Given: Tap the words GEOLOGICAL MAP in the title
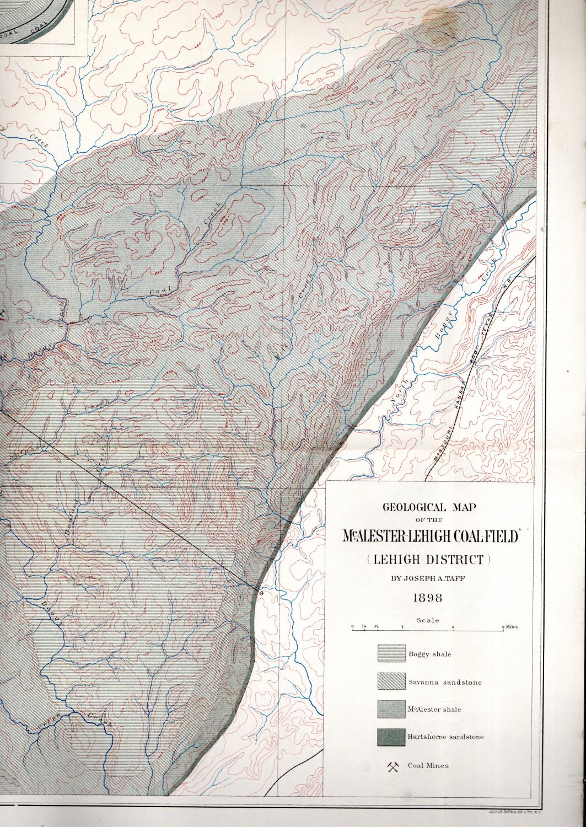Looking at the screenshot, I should (427, 508).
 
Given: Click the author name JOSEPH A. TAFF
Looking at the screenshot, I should (427, 579).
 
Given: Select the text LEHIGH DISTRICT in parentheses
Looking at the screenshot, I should (427, 560).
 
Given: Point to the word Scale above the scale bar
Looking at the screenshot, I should (428, 620).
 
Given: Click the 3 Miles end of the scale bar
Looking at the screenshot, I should (509, 627).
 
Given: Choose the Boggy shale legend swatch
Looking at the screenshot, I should (391, 654).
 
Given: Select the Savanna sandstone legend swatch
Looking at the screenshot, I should (391, 681).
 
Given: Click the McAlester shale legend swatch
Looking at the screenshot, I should (391, 709).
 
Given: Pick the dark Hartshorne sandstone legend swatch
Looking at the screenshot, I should (391, 737).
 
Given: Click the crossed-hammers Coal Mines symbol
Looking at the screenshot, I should (393, 766).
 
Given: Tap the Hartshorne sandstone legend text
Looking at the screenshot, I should (445, 737).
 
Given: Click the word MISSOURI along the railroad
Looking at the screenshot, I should (443, 441).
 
